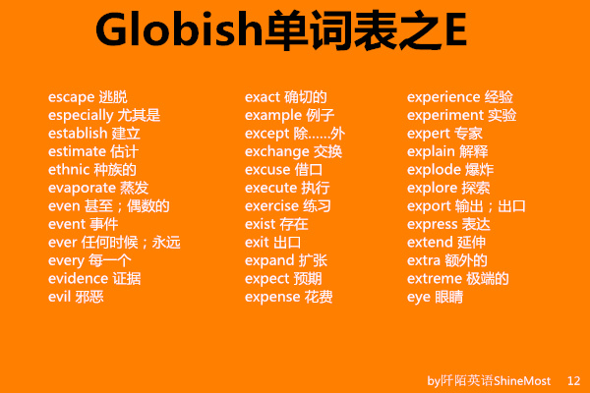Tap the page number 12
[574, 379]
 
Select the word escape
[71, 97]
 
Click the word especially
[80, 115]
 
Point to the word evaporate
[82, 188]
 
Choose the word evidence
[79, 278]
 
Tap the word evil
[59, 296]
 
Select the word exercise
[273, 205]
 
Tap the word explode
[433, 169]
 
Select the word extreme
[433, 278]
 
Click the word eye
[419, 296]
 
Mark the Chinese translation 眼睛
[449, 296]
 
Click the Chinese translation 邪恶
[89, 296]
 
